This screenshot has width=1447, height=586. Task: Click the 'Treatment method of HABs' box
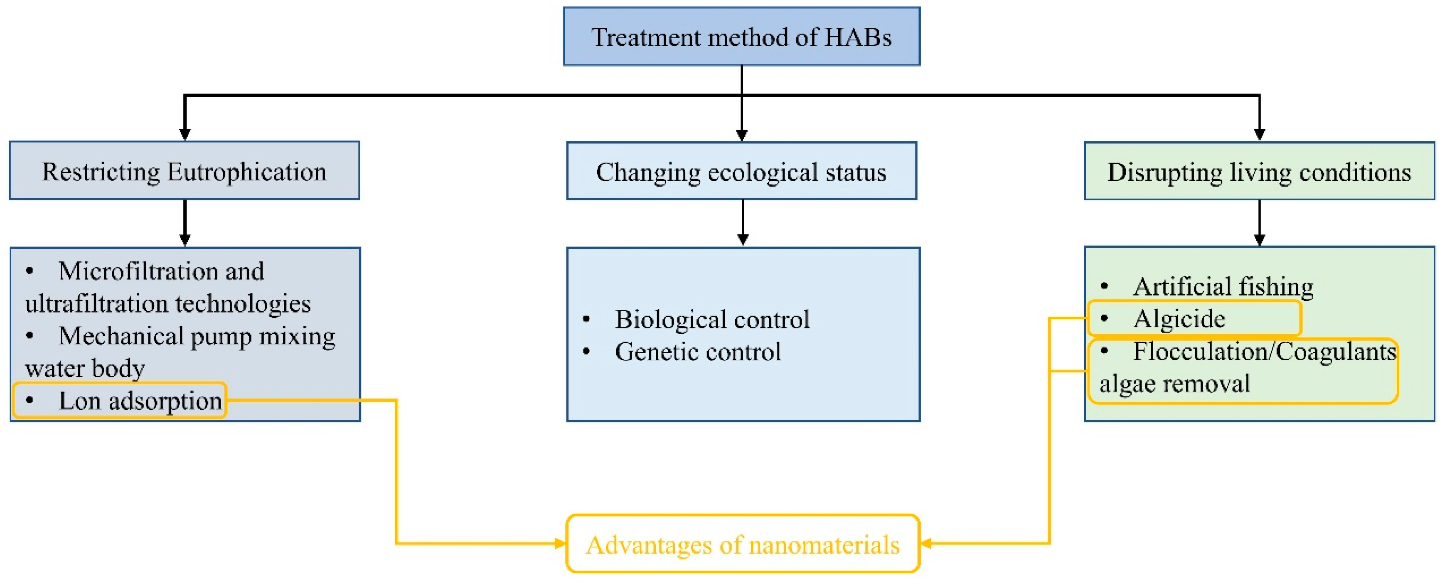pos(741,37)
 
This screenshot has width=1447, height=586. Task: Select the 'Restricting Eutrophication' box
pos(184,171)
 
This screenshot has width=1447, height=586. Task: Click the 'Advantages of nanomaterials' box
pos(743,544)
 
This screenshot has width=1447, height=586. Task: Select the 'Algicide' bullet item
pos(1179,319)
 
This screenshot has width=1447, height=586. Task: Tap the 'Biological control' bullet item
pos(712,320)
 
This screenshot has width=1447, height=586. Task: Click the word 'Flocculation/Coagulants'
pos(1264,352)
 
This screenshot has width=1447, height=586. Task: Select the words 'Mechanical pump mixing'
pos(197,336)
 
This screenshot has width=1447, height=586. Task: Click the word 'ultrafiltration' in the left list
pos(95,304)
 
